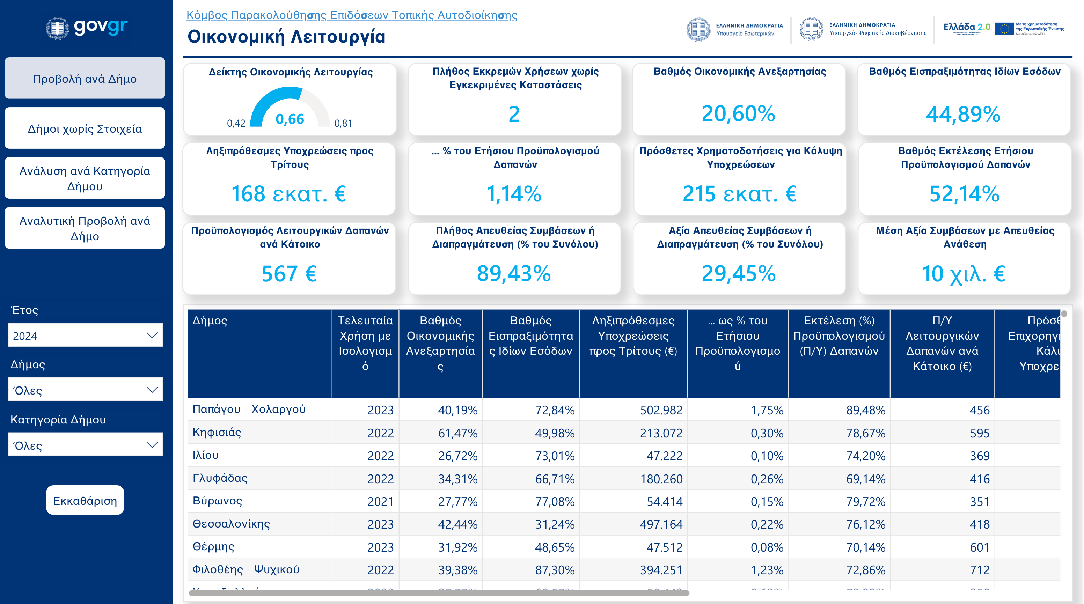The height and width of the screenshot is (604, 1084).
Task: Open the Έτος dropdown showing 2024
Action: point(85,335)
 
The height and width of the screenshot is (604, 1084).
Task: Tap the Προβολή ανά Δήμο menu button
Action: point(85,79)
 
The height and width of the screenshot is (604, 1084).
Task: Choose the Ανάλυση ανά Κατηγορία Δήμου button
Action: point(85,178)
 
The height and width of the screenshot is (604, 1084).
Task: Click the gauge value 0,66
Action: point(290,119)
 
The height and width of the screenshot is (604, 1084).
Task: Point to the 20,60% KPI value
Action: point(738,114)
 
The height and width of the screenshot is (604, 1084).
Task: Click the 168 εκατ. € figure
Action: point(289,194)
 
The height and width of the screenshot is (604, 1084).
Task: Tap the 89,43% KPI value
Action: point(514,273)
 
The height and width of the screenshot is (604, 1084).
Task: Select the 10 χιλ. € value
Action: point(963,274)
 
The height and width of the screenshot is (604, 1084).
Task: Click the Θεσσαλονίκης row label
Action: point(231,524)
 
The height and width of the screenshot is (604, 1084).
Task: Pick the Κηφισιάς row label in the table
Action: point(217,432)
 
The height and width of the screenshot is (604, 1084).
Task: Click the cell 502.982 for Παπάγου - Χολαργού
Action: point(661,410)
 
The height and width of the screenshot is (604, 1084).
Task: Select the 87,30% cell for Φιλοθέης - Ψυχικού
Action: point(554,570)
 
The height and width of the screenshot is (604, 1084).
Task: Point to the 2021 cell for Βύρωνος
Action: point(380,501)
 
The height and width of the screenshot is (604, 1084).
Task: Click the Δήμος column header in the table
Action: point(210,321)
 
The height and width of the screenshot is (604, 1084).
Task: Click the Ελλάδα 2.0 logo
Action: point(967,29)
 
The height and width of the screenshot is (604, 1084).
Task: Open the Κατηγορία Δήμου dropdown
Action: point(85,445)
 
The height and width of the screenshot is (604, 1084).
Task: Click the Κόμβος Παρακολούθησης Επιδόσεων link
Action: point(351,15)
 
